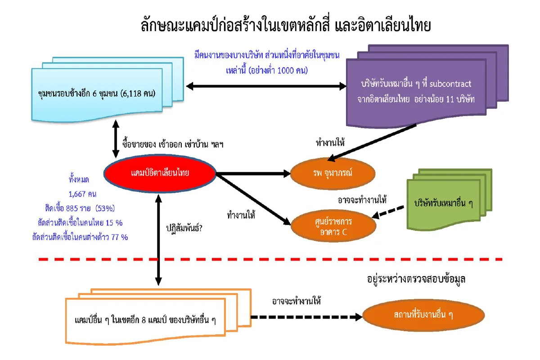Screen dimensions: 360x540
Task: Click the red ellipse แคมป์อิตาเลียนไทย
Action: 160,173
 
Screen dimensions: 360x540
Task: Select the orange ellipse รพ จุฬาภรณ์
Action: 333,173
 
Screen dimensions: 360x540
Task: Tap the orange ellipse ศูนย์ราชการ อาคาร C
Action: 333,227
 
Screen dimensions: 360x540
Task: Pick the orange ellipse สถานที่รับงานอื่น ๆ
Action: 423,315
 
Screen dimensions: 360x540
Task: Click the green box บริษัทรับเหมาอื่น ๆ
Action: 443,203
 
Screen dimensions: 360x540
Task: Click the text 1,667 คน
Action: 83,194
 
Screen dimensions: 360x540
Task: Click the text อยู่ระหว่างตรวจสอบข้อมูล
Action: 416,279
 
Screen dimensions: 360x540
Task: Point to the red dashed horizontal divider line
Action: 270,259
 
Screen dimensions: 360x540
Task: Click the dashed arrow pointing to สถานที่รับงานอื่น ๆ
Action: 306,317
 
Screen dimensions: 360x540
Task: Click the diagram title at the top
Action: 286,25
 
